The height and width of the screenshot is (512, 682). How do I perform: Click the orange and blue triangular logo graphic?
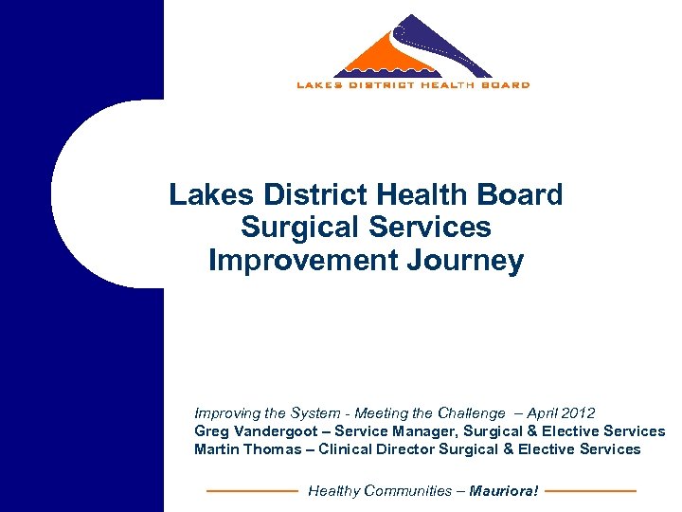coord(413,47)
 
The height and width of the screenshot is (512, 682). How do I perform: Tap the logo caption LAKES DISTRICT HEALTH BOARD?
coord(413,85)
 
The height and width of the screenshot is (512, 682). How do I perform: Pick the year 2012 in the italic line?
coord(578,413)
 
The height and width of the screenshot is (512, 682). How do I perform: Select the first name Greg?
coord(210,431)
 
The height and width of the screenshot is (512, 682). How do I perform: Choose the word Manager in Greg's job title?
coord(412,431)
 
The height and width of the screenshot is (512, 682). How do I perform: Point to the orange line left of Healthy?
coord(252,491)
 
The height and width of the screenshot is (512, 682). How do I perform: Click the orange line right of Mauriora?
coord(591,491)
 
